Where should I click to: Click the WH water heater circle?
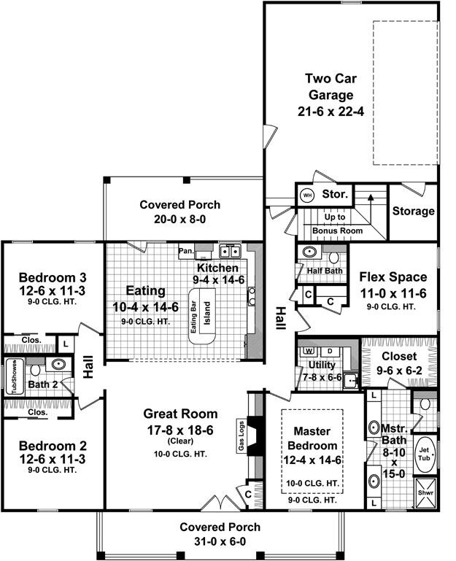[307, 196]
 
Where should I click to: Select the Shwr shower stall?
[425, 493]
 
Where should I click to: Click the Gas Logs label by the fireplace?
[241, 436]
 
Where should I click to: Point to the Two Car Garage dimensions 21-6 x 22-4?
[331, 112]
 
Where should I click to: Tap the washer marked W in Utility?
[308, 351]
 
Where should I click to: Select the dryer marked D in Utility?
[330, 352]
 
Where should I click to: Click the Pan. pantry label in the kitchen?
[186, 251]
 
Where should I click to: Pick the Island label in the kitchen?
[207, 314]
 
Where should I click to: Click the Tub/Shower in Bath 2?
[15, 376]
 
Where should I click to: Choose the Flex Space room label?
[393, 277]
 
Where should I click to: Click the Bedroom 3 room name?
[53, 277]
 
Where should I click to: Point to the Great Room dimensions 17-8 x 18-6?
[180, 430]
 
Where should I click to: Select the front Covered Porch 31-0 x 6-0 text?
[220, 534]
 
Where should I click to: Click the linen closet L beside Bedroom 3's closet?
[66, 344]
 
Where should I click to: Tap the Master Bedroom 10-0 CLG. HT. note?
[312, 484]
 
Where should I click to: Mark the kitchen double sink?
[230, 252]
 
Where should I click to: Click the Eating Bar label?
[193, 318]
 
